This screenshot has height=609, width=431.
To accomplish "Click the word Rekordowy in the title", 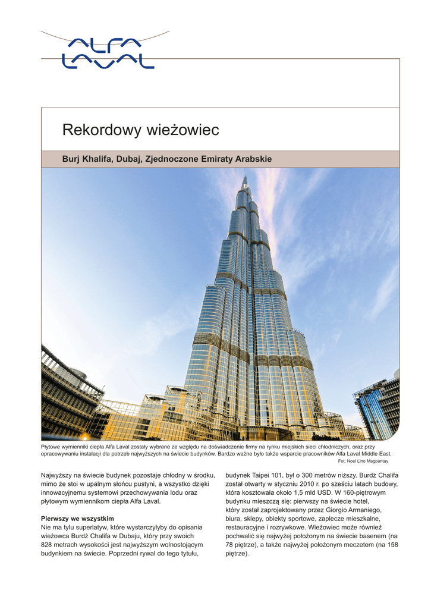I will [x=100, y=130].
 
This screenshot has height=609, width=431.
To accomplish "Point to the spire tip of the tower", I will [x=244, y=177].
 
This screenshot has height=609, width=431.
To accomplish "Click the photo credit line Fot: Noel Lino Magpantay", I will [x=363, y=460].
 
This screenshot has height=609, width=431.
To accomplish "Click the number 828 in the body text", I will [x=48, y=545].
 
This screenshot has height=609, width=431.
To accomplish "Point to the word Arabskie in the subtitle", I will [x=254, y=159].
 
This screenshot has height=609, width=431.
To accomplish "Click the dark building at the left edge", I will [x=65, y=393].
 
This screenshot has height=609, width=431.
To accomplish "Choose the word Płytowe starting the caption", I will [x=51, y=446].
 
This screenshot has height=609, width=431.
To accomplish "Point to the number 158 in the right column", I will [x=392, y=545].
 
